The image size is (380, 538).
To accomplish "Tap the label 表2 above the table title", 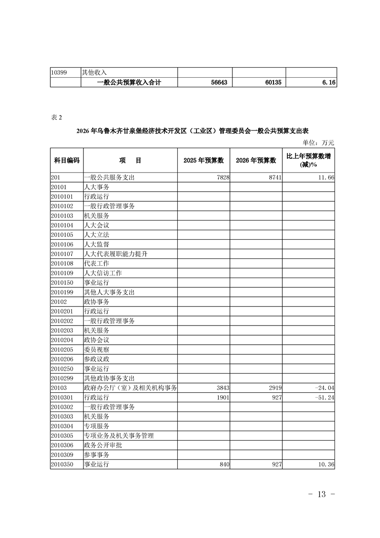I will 56,117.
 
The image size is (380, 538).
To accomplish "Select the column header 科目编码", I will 66,160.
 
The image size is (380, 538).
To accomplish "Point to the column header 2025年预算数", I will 204,160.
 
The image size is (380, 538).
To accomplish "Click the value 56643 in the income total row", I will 219,82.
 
